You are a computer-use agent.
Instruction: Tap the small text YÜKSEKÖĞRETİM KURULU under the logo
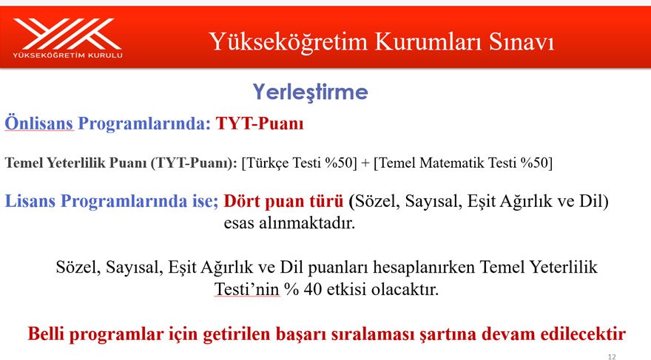point(67,55)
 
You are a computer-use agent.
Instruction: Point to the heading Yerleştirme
point(310,92)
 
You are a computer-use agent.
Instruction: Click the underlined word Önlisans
point(39,123)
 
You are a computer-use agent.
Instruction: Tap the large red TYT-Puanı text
point(260,123)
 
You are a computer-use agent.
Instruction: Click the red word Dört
point(242,201)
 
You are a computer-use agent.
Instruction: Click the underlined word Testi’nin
point(247,289)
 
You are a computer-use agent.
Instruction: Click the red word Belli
point(47,334)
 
